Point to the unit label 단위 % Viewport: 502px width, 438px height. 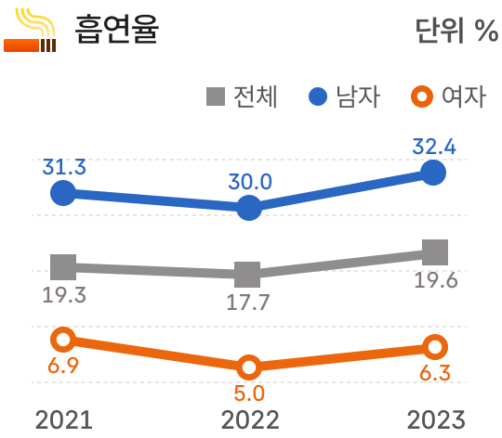pos(456,31)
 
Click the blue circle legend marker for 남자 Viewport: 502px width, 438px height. pos(317,97)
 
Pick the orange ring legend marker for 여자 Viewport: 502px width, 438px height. pos(421,97)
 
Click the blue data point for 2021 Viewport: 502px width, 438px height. pos(62,193)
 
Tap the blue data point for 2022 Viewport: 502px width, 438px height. pos(248,209)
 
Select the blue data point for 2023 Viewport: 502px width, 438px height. pos(433,172)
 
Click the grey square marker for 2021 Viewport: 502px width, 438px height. pos(62,267)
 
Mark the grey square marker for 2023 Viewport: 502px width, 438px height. pos(434,251)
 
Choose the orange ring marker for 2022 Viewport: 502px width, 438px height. pos(248,367)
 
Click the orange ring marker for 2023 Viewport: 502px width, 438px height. pos(435,348)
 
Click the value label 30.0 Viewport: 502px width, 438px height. pos(249,181)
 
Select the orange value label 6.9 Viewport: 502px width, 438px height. pos(62,366)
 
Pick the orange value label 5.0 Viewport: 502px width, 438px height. pos(249,393)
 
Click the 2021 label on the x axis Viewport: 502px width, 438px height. pos(64,419)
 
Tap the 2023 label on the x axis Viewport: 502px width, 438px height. pos(434,419)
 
